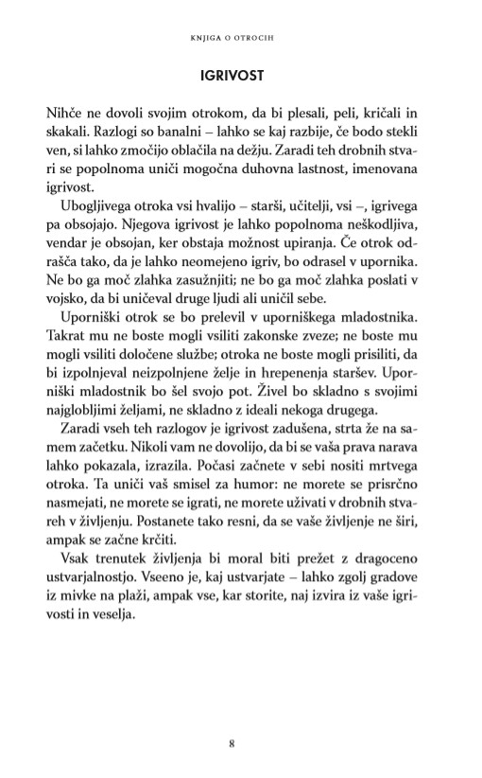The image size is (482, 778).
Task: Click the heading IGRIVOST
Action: point(241,74)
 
